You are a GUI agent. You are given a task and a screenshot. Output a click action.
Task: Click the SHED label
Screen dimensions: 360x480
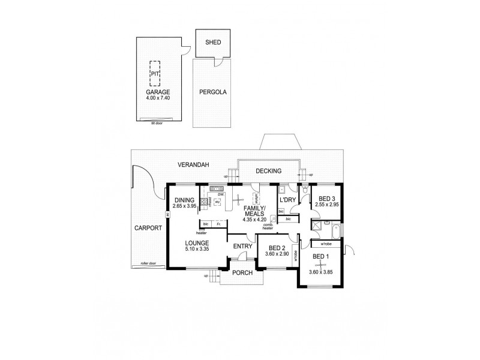213,42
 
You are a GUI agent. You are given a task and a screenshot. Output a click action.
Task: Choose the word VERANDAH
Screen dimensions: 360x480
193,164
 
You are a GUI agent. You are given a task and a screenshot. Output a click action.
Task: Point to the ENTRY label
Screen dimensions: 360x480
242,246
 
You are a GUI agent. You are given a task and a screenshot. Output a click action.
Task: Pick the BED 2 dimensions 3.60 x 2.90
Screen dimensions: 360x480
276,254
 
